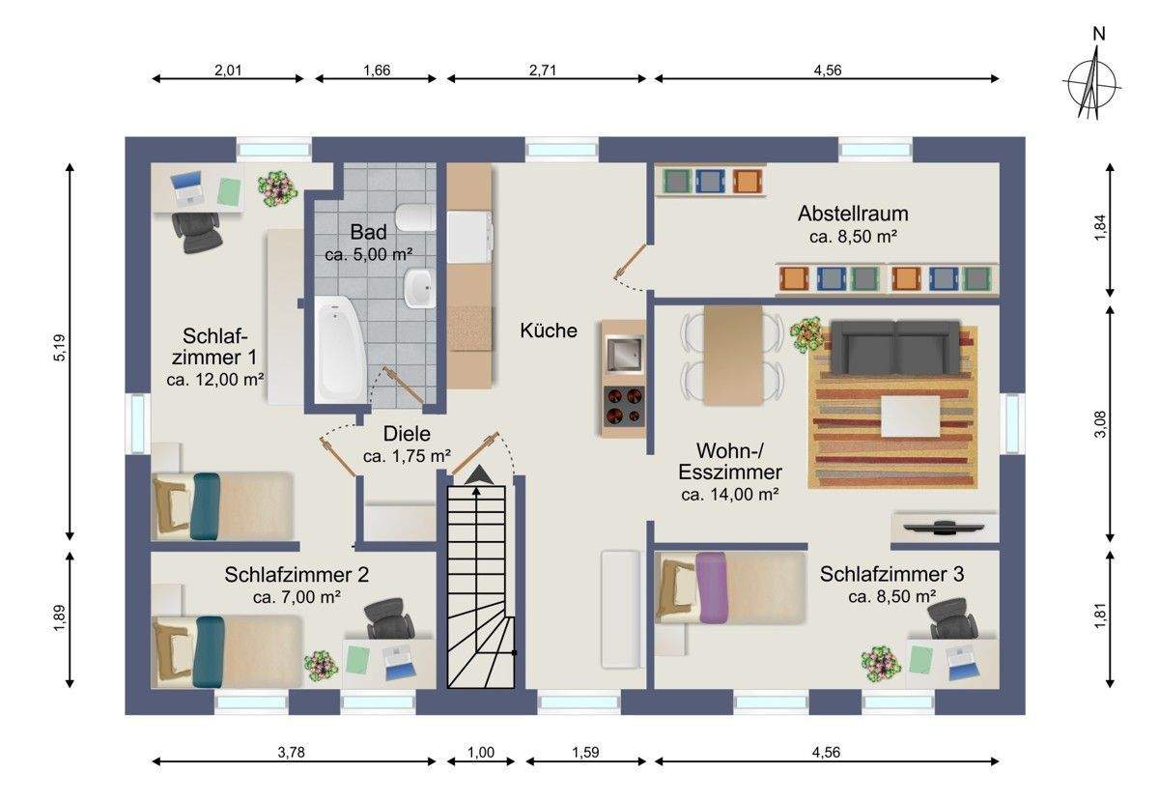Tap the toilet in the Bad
(x=415, y=218)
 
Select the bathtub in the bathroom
(x=340, y=350)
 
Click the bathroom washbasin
(x=419, y=288)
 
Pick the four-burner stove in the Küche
(x=624, y=406)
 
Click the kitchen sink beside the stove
(x=625, y=354)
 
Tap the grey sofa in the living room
(x=895, y=348)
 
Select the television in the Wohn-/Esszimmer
(x=944, y=527)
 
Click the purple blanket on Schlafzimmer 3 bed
(x=713, y=587)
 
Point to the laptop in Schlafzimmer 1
(x=187, y=187)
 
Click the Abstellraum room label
(x=853, y=214)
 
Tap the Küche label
(x=549, y=330)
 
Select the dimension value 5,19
(x=60, y=348)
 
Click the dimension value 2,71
(x=542, y=70)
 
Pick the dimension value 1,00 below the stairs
(x=481, y=752)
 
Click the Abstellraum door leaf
(x=630, y=262)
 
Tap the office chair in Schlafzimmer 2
(x=389, y=618)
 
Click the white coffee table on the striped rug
(x=910, y=415)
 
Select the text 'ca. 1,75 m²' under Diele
(x=407, y=456)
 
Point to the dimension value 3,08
(x=1100, y=423)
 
